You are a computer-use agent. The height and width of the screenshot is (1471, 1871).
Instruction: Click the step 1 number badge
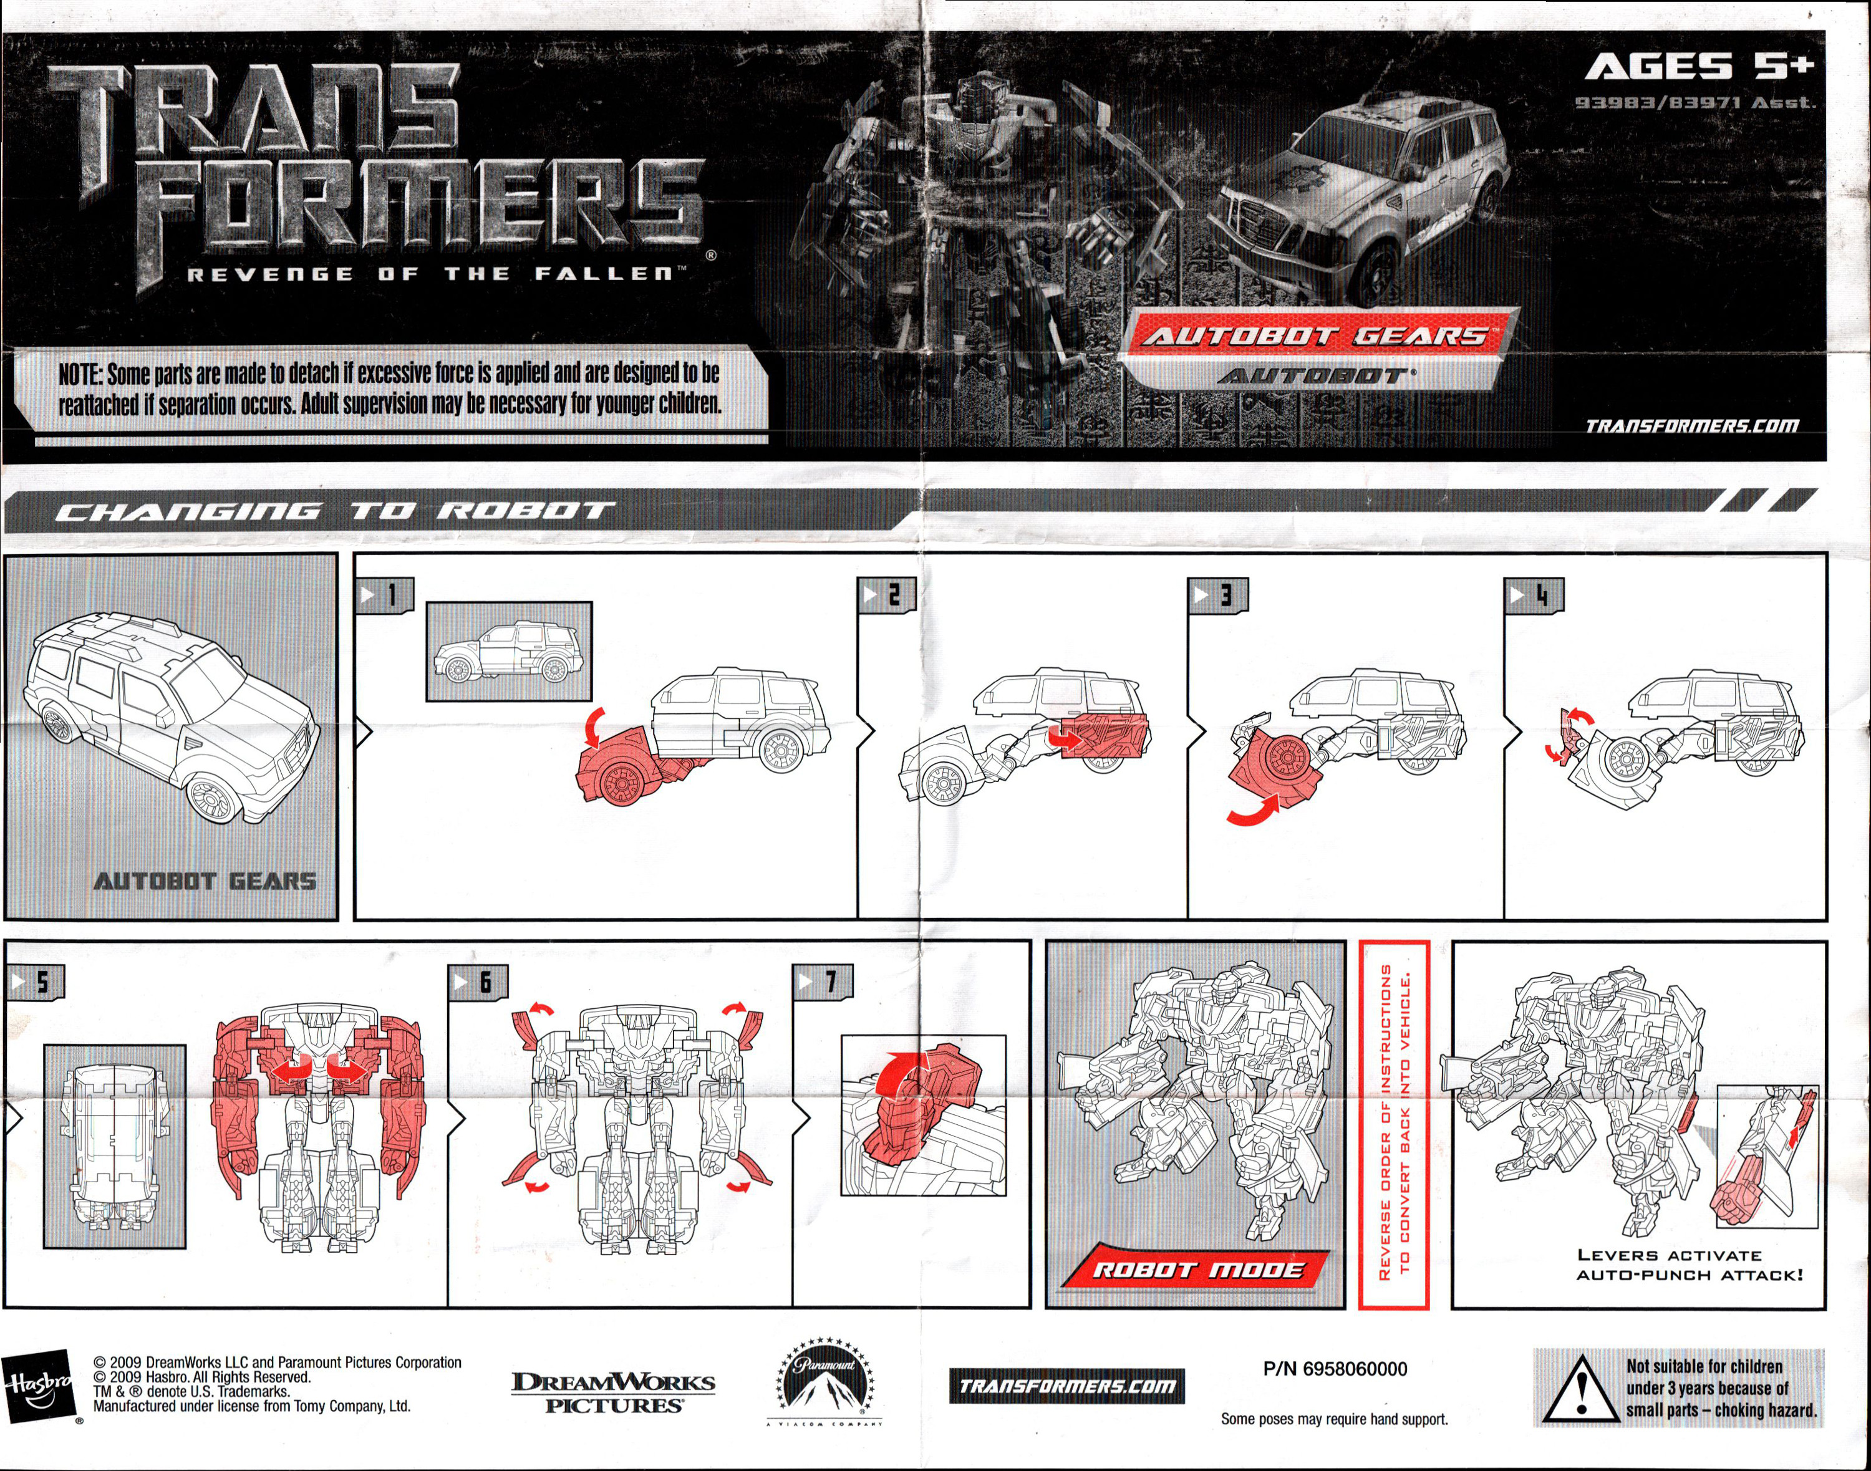[385, 595]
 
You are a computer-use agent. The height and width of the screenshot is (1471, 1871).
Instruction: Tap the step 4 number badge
[1534, 595]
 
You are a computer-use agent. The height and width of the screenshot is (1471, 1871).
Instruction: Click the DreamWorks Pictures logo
[612, 1392]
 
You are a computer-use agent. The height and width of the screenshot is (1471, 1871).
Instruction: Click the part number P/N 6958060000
[1335, 1369]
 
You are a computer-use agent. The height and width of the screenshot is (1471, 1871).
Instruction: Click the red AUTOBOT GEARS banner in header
[1315, 336]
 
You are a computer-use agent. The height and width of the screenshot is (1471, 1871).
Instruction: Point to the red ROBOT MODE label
[1197, 1270]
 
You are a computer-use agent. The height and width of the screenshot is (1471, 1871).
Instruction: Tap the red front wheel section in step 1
[620, 766]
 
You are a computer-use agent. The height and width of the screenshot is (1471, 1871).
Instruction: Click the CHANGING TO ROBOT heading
[336, 511]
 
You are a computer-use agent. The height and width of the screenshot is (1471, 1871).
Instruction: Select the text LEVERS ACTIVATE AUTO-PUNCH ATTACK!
[1688, 1265]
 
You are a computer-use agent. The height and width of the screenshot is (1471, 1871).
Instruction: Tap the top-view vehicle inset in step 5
[115, 1146]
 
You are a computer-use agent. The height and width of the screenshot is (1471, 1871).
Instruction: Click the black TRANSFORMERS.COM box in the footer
[1067, 1386]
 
